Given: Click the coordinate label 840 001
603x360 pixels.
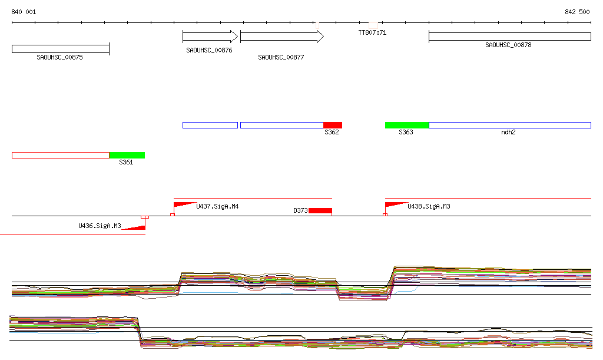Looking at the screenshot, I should pos(24,12).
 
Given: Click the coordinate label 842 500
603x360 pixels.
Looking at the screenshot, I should pos(577,12).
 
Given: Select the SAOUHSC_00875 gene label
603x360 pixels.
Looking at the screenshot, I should pos(59,57).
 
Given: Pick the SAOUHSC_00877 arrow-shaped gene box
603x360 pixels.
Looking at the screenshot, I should pos(281,37).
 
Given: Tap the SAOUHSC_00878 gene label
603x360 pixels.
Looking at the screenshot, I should pos(508,45).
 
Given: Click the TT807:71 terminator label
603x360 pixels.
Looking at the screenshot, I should pos(372,32).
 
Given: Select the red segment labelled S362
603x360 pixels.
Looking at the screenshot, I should pos(333,125).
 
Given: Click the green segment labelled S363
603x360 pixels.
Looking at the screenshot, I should pos(406,125).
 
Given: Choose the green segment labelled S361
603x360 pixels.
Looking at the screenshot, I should pos(127,155).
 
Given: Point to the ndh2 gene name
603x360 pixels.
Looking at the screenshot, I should pos(508,133).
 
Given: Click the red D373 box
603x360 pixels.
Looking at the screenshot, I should pos(320,210).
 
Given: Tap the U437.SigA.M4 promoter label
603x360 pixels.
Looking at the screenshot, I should pos(217,207).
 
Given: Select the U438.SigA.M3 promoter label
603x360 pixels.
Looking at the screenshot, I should pos(429,207).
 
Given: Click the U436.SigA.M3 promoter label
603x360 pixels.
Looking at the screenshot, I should pos(100,226).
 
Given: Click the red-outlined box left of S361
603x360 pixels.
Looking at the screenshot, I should pos(60,155).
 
